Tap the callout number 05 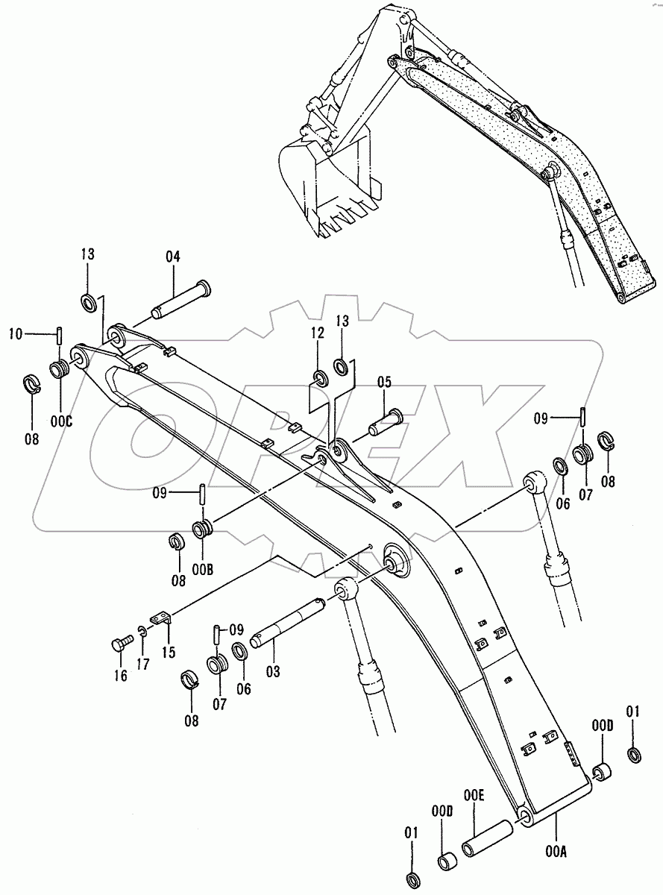(384, 382)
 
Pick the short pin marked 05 (386, 423)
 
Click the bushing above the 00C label (60, 368)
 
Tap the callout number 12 (317, 333)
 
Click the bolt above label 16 (122, 642)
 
